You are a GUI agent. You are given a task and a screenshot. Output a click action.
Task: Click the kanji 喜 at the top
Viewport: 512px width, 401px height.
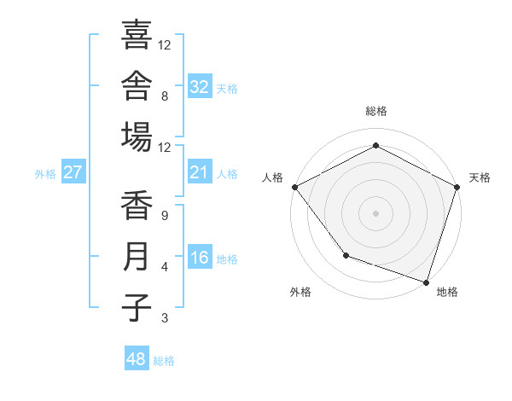pyautogui.click(x=137, y=34)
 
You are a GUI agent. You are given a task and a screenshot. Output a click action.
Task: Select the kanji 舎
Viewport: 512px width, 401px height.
pyautogui.click(x=137, y=85)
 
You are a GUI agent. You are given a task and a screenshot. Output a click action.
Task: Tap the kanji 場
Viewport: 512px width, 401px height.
pyautogui.click(x=137, y=137)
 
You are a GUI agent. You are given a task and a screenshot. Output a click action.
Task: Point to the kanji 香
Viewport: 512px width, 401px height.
pyautogui.click(x=137, y=205)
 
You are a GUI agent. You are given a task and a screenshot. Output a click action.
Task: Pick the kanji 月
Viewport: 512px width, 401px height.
pyautogui.click(x=137, y=256)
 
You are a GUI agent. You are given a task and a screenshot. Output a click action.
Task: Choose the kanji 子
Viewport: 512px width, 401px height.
pyautogui.click(x=137, y=308)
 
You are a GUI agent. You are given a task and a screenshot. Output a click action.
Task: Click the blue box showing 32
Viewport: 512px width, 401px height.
pyautogui.click(x=200, y=85)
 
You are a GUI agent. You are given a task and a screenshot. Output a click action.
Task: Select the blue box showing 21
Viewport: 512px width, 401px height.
pyautogui.click(x=200, y=171)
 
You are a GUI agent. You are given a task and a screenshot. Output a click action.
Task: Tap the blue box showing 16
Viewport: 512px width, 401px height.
pyautogui.click(x=200, y=256)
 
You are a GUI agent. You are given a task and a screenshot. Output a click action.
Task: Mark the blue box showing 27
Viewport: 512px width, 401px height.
pyautogui.click(x=73, y=171)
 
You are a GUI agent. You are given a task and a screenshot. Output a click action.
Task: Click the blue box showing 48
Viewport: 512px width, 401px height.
pyautogui.click(x=137, y=357)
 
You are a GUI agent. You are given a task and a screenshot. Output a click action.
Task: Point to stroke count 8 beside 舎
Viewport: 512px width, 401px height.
pyautogui.click(x=165, y=96)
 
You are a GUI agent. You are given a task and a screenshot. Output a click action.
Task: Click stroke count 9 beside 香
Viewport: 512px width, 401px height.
pyautogui.click(x=165, y=216)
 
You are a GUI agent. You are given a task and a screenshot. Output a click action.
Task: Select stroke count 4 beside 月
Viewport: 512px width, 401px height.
pyautogui.click(x=165, y=267)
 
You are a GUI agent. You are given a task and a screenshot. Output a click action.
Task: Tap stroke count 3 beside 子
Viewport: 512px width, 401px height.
pyautogui.click(x=165, y=318)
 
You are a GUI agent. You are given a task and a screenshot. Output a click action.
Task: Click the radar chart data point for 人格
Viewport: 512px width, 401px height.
pyautogui.click(x=295, y=187)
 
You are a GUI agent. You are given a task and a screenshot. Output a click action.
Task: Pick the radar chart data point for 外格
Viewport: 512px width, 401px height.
pyautogui.click(x=346, y=255)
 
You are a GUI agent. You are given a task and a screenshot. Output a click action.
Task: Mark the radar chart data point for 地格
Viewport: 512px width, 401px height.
pyautogui.click(x=426, y=282)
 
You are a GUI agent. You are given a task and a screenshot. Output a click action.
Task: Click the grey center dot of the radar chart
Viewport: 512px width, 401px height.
pyautogui.click(x=375, y=213)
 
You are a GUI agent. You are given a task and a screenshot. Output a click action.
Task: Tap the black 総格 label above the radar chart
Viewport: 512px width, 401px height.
pyautogui.click(x=376, y=111)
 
